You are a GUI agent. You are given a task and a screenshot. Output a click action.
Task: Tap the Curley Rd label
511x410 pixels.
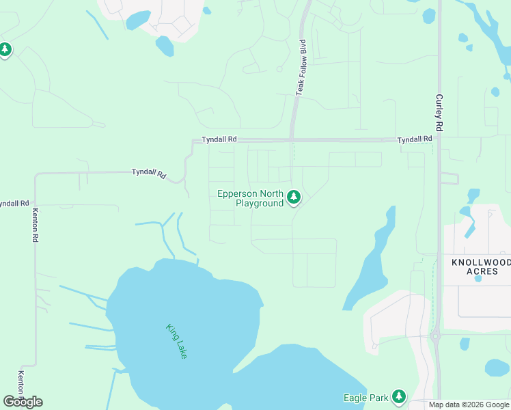pos(439,113)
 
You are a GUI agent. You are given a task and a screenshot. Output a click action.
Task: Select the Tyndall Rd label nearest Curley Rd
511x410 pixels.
pos(415,139)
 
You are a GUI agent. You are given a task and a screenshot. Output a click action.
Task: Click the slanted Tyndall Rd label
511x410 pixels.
pos(149,173)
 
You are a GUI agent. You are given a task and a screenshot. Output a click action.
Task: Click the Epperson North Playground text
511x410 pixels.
pos(250,198)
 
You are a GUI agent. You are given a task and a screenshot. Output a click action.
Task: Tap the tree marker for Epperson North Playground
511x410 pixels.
pos(294,197)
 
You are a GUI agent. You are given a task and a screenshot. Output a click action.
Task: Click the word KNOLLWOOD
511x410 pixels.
pos(481,262)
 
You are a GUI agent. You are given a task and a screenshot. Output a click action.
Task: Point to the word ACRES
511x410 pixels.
pos(481,271)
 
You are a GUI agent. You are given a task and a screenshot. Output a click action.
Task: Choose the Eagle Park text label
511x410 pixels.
pos(365,398)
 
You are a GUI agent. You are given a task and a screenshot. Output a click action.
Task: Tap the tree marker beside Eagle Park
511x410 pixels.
pos(398,396)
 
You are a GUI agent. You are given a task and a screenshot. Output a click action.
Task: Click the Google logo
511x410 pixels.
pos(23,402)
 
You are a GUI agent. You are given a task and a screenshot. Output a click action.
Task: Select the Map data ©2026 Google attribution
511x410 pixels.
pos(469,405)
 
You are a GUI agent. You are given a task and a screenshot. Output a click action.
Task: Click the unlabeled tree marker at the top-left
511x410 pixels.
pos(5,50)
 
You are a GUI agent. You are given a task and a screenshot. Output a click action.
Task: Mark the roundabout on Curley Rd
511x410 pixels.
pos(435,336)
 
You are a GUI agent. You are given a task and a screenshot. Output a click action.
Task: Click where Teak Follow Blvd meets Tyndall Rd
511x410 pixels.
pos(292,139)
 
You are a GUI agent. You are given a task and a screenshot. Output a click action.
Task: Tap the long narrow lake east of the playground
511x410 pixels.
pos(372,260)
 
